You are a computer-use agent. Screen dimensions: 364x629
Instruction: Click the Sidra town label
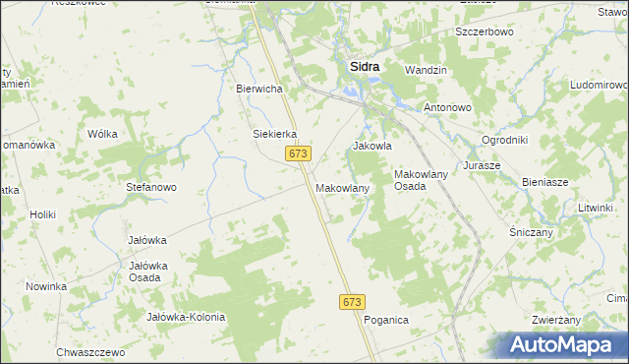tap(366, 67)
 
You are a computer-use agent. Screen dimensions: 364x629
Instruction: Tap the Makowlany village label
tap(342, 187)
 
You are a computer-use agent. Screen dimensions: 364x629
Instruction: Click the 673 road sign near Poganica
tap(354, 302)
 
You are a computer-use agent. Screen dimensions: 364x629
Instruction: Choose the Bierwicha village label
tap(259, 89)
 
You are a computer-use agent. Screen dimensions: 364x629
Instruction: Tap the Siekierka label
tap(275, 135)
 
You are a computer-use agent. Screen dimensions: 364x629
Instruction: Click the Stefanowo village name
tap(151, 186)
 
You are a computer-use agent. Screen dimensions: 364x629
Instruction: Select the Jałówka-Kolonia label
tap(186, 317)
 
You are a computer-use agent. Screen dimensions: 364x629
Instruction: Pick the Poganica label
tap(385, 321)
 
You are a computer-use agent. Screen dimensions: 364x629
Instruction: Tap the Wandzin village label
tap(426, 71)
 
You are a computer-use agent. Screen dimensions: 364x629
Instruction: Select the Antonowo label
tap(448, 106)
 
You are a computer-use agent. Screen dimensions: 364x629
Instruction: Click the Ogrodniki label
tap(505, 140)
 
